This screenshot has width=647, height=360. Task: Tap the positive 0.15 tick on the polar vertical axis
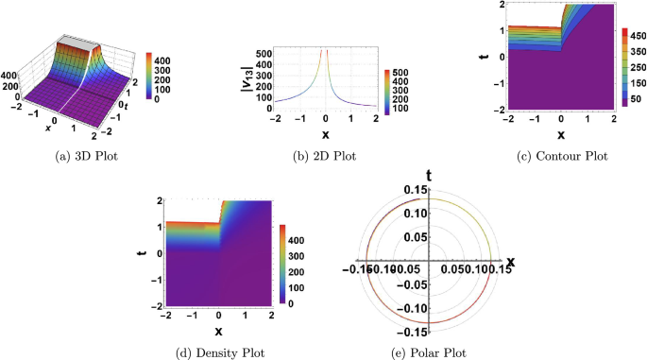[x=416, y=190]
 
